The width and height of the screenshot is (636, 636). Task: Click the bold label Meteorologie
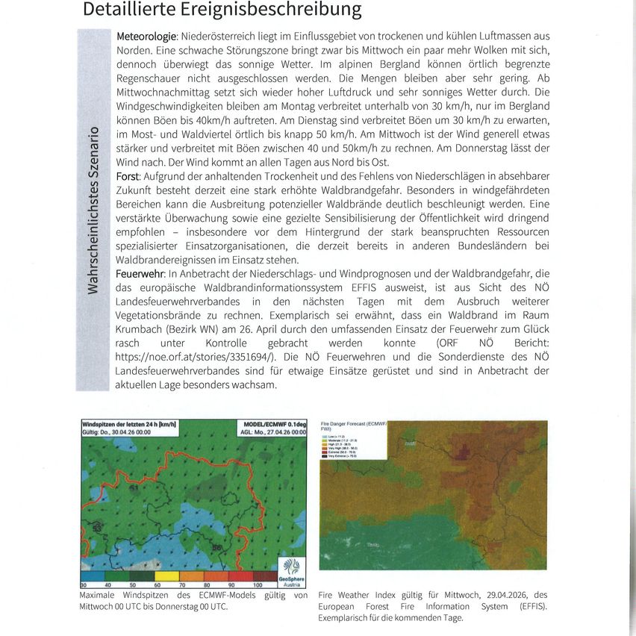coord(146,36)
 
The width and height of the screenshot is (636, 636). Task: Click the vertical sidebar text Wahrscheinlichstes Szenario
coord(93,211)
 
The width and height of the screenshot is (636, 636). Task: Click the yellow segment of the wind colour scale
coord(167,576)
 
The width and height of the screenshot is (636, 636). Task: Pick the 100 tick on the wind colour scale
coord(258,584)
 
